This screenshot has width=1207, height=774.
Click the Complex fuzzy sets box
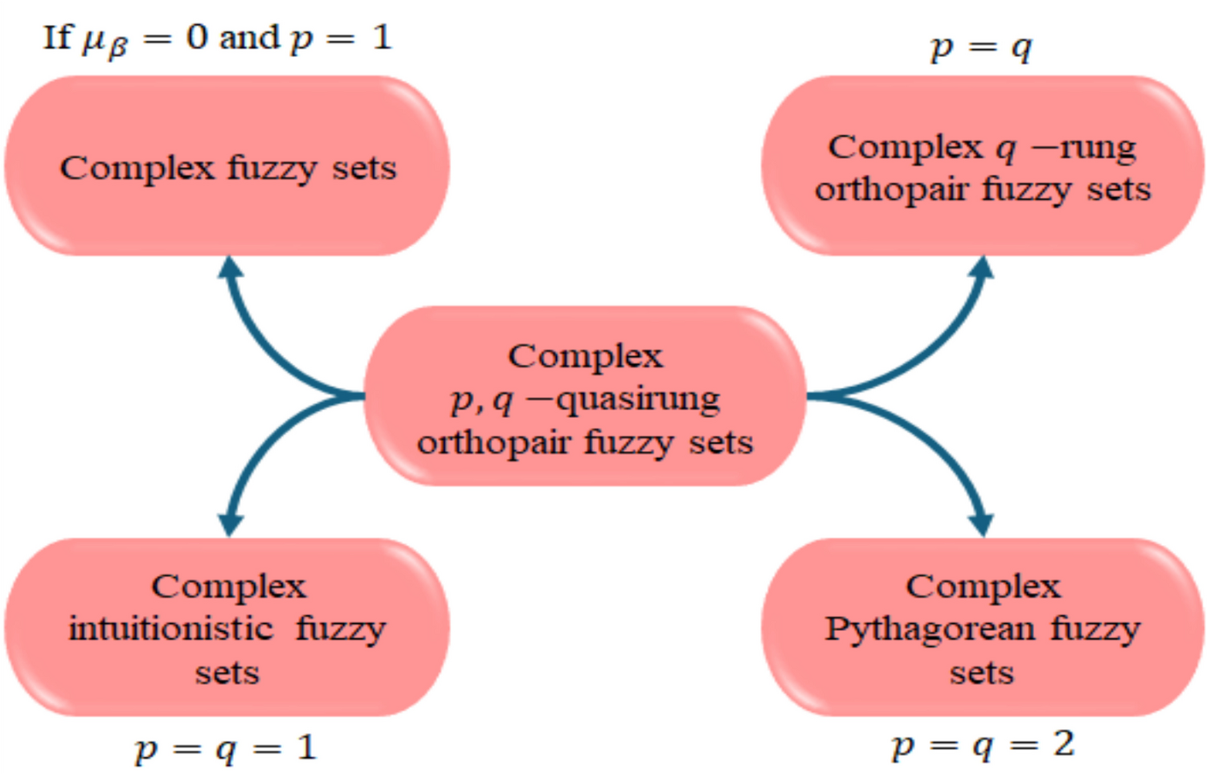[227, 166]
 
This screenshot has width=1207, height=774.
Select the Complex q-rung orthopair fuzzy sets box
[982, 166]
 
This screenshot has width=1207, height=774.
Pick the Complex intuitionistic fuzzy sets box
[227, 628]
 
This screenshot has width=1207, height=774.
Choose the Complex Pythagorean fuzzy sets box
[982, 628]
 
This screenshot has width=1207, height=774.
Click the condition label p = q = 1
[226, 749]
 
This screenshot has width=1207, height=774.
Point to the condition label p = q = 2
[982, 746]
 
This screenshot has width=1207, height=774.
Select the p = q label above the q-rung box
[980, 48]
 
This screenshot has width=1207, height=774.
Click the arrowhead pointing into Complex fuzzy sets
[231, 268]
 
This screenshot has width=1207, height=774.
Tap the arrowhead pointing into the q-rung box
[982, 268]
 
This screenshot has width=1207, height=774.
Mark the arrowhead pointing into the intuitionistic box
[231, 525]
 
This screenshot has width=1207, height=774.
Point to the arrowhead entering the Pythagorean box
[982, 525]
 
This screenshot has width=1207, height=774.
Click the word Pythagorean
[930, 629]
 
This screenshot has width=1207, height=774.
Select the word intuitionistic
[170, 629]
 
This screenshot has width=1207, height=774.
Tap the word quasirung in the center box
[639, 399]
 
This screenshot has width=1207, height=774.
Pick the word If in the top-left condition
[57, 37]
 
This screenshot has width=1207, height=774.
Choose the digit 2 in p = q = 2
[1063, 744]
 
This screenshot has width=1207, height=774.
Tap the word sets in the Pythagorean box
[981, 673]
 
